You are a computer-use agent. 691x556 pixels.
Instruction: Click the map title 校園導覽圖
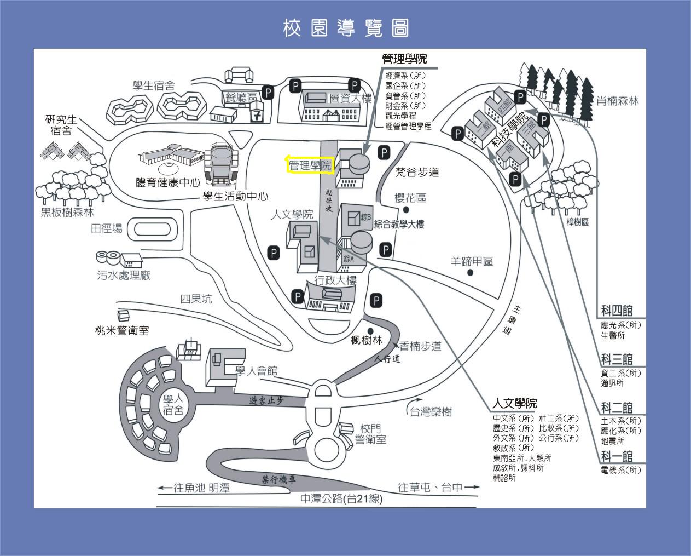pyautogui.click(x=346, y=28)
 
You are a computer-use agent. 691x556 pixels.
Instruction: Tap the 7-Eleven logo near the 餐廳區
pyautogui.click(x=257, y=114)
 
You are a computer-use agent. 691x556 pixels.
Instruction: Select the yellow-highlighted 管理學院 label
pyautogui.click(x=310, y=165)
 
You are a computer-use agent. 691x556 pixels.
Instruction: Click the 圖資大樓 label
pyautogui.click(x=350, y=99)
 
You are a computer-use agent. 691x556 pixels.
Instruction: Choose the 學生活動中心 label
pyautogui.click(x=235, y=197)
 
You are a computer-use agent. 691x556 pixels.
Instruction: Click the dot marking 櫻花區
pyautogui.click(x=406, y=210)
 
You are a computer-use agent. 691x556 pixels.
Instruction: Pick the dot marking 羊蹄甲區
pyautogui.click(x=469, y=272)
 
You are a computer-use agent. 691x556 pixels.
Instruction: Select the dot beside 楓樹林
pyautogui.click(x=370, y=331)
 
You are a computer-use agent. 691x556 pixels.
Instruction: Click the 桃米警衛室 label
pyautogui.click(x=121, y=330)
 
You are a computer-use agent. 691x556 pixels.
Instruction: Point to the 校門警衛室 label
pyautogui.click(x=370, y=434)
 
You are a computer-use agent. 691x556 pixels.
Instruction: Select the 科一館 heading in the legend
pyautogui.click(x=617, y=456)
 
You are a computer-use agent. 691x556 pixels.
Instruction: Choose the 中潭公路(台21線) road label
pyautogui.click(x=341, y=498)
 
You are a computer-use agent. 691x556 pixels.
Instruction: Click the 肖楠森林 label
pyautogui.click(x=617, y=101)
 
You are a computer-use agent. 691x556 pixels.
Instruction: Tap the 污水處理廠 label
pyautogui.click(x=124, y=276)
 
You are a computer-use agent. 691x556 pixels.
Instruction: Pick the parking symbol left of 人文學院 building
pyautogui.click(x=274, y=253)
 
